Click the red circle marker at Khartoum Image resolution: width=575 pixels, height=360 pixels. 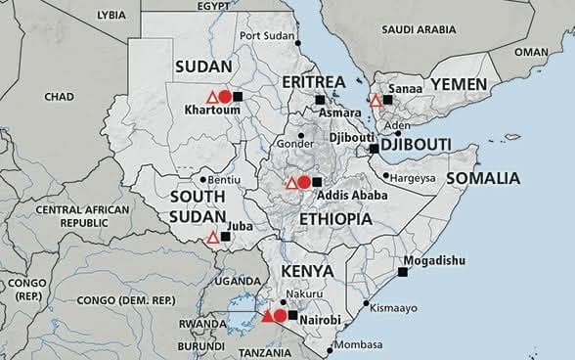click(x=225, y=97)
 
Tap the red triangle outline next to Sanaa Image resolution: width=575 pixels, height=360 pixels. click(x=376, y=100)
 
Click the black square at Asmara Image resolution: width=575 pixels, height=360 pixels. click(x=319, y=100)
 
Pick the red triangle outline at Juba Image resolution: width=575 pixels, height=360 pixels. click(x=213, y=237)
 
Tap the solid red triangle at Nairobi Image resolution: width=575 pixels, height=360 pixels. click(x=267, y=315)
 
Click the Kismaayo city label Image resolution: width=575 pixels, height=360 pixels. click(x=394, y=307)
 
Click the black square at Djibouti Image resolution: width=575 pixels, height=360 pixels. click(x=374, y=149)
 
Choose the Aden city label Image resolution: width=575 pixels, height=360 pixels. click(x=397, y=126)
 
